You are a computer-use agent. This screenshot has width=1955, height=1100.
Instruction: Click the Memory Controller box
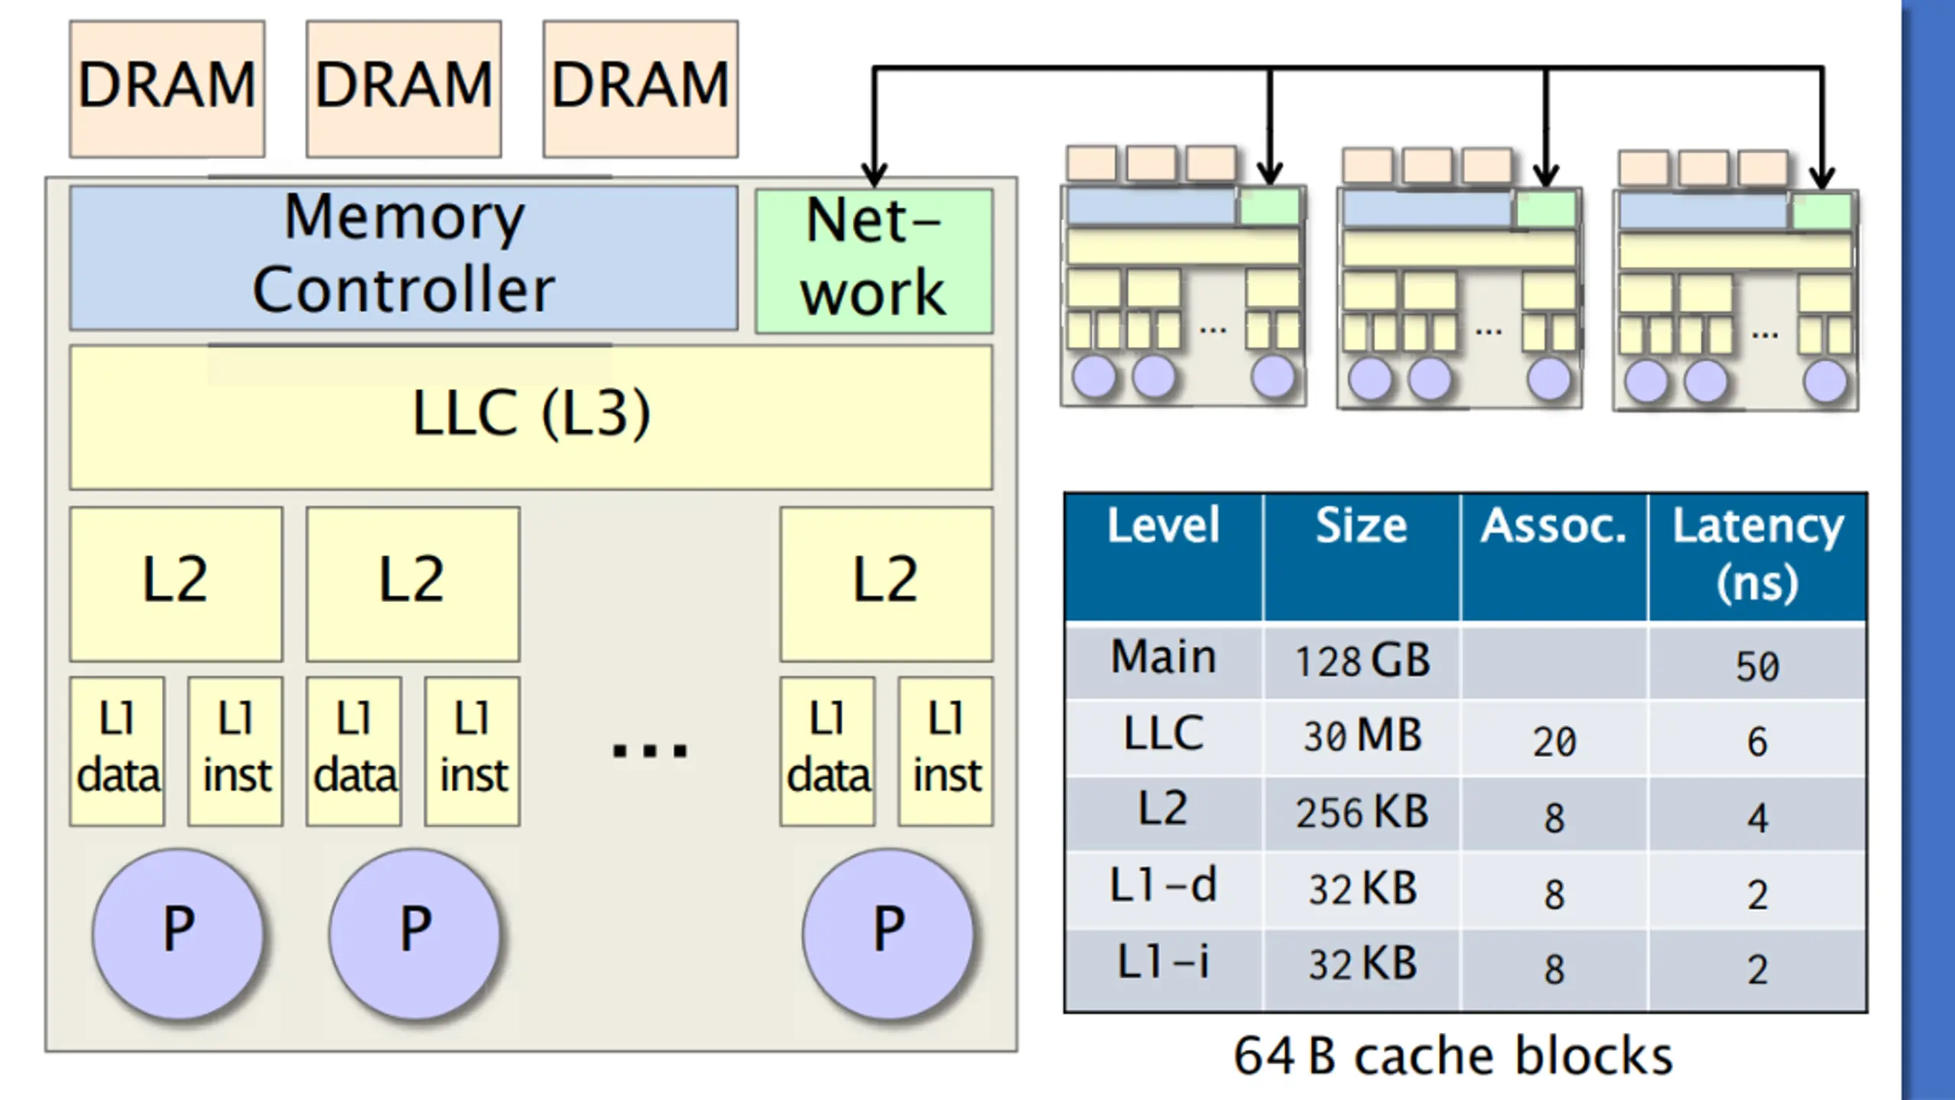tap(403, 258)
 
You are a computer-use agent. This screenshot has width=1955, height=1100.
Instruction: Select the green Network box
tap(874, 260)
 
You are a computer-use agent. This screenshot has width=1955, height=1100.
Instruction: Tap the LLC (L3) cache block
tap(531, 417)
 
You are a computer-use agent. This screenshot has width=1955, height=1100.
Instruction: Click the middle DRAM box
tap(404, 89)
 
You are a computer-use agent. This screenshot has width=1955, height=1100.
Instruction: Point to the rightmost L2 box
tap(886, 584)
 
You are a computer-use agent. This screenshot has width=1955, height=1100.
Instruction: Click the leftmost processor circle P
tap(179, 933)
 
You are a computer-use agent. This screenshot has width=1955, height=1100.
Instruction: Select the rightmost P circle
tap(888, 933)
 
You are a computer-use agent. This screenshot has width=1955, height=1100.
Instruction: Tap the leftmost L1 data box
tap(117, 751)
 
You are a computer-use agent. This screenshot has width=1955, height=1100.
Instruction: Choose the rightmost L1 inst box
tap(946, 751)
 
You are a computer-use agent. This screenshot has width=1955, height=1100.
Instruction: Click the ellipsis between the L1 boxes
tap(650, 750)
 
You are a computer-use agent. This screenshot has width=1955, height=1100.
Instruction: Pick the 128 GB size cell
tap(1362, 661)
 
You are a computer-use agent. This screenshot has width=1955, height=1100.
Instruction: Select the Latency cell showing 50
tap(1757, 666)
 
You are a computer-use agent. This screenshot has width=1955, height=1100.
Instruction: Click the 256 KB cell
tap(1362, 812)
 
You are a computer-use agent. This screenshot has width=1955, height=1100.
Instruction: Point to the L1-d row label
tap(1163, 885)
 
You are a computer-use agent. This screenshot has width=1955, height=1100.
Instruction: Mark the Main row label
tap(1163, 656)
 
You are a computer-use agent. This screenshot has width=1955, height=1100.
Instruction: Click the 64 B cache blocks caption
tap(1453, 1056)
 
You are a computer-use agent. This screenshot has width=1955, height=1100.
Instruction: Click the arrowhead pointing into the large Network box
tap(874, 174)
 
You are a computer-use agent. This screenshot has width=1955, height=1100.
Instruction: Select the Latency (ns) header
tap(1758, 554)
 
